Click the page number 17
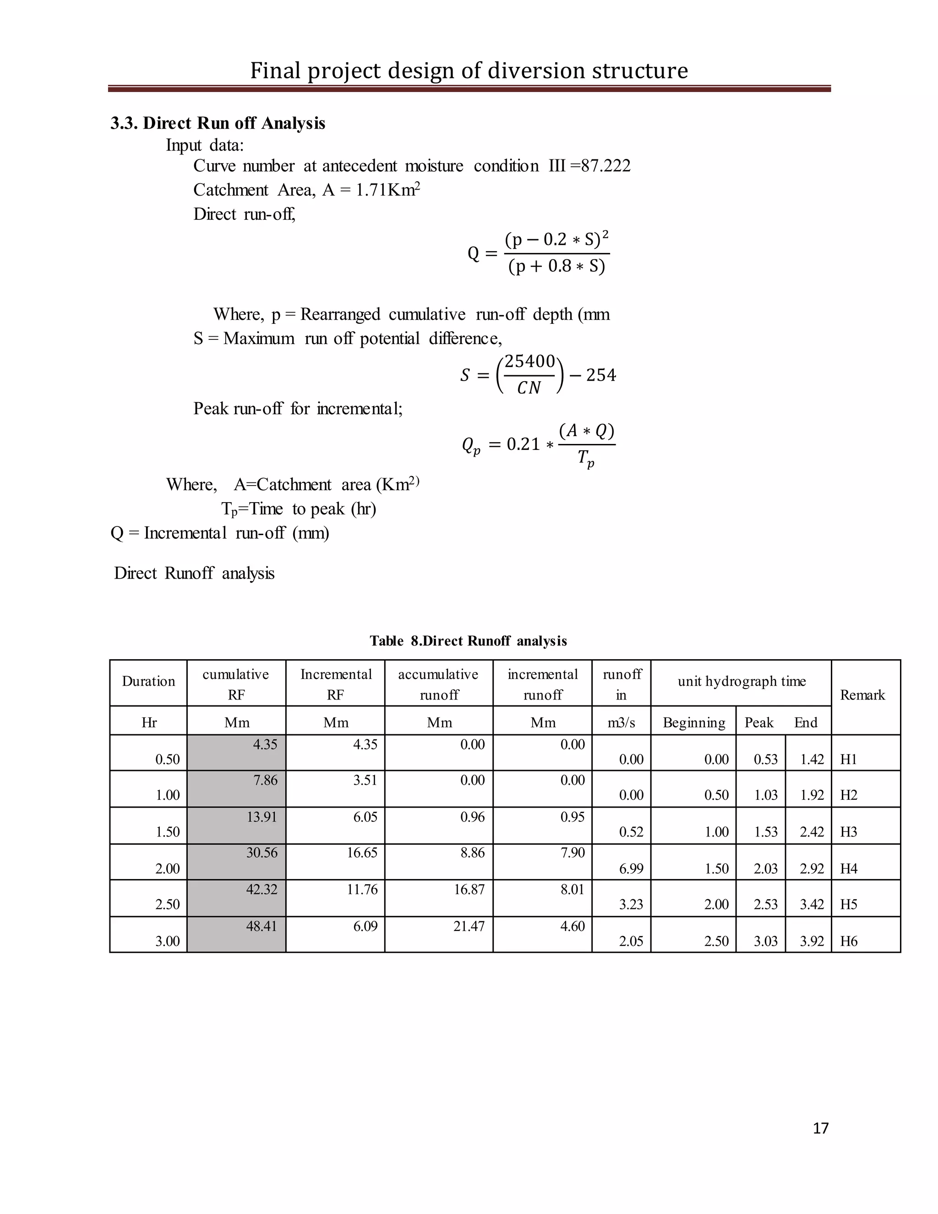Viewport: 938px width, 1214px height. click(820, 1128)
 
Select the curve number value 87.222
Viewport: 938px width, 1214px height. click(605, 166)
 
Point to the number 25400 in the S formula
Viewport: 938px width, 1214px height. click(529, 361)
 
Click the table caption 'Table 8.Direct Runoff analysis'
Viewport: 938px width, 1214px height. click(468, 641)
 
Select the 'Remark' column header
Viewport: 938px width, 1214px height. click(862, 695)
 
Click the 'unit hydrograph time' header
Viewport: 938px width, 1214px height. click(742, 682)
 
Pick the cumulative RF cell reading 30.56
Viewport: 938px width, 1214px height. click(262, 853)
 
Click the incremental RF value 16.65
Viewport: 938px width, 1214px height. click(362, 853)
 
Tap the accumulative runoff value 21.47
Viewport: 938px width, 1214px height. click(469, 926)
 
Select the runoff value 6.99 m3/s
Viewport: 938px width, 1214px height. click(631, 868)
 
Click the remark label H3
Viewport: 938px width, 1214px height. click(849, 832)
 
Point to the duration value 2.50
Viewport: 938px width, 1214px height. click(167, 904)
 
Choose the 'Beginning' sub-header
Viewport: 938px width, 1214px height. click(694, 722)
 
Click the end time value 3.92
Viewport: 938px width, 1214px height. click(812, 941)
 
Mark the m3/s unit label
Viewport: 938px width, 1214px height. click(621, 722)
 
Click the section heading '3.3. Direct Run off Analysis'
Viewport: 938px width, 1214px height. click(218, 123)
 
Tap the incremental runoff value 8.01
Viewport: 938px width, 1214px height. click(573, 889)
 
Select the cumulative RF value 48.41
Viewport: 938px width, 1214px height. click(262, 926)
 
